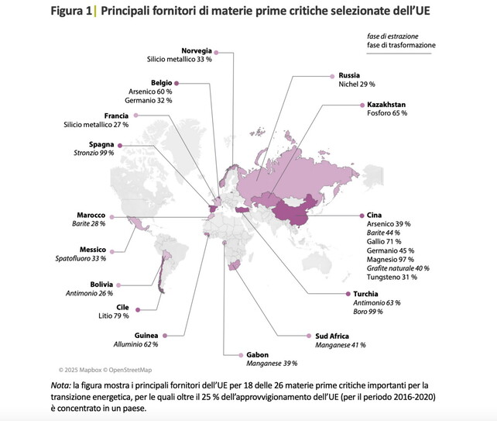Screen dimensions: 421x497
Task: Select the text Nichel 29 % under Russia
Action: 356,84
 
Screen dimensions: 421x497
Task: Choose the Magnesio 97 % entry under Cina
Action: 392,260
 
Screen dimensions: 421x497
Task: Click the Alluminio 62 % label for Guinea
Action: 135,343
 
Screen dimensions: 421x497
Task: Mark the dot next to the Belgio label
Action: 177,82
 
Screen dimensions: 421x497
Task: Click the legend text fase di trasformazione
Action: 401,45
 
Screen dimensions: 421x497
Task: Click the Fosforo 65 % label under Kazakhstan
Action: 386,113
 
